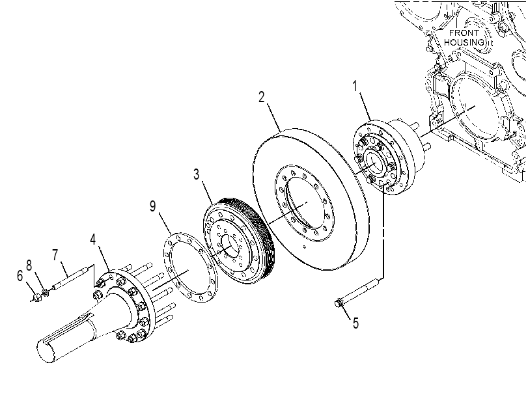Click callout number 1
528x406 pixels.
(355, 86)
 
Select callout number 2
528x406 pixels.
(262, 97)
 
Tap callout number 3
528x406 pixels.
(197, 174)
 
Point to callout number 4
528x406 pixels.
(93, 239)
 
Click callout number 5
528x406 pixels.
(355, 323)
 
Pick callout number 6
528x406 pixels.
(20, 276)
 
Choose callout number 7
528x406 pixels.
(55, 255)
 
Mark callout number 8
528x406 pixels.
(29, 265)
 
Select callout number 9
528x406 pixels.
(153, 206)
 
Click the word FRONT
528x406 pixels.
(464, 33)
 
